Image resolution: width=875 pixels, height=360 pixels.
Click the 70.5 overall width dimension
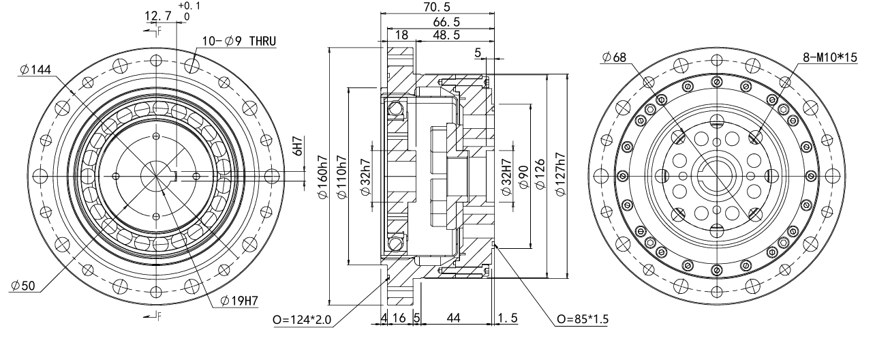coord(437,7)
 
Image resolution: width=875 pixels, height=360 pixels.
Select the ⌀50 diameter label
coord(24,286)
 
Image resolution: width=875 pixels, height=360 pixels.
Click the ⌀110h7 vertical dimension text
coord(343,177)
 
